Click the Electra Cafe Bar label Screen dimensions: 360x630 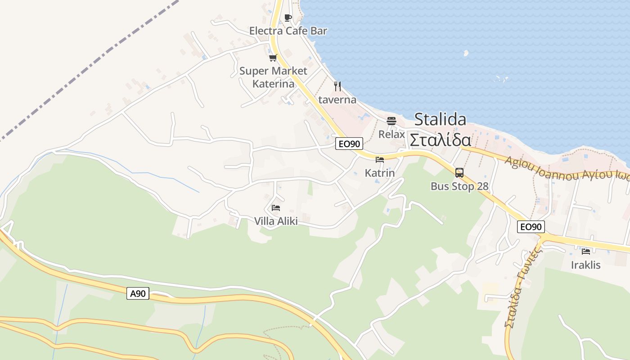point(288,31)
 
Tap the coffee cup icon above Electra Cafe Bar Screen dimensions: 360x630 point(288,18)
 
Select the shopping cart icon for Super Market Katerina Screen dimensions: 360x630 point(273,58)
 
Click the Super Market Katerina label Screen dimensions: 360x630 point(273,77)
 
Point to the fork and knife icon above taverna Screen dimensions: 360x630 point(337,86)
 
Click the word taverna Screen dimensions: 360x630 point(337,99)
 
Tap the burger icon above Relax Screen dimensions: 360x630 point(391,121)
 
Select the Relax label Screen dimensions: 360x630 point(391,134)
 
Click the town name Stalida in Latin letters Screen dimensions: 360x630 point(440,119)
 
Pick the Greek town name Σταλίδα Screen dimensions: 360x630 point(440,140)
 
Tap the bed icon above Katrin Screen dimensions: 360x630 point(380,159)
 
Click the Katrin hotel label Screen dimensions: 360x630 point(380,173)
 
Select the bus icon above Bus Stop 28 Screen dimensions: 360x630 point(459,173)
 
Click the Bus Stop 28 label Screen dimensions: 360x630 point(459,186)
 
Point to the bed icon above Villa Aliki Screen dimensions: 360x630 point(276,207)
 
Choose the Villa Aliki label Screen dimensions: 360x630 point(276,221)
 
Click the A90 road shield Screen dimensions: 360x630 point(138,293)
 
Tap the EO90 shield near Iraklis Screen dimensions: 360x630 point(531,227)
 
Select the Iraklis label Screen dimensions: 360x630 point(585,265)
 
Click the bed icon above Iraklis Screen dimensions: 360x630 point(585,251)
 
